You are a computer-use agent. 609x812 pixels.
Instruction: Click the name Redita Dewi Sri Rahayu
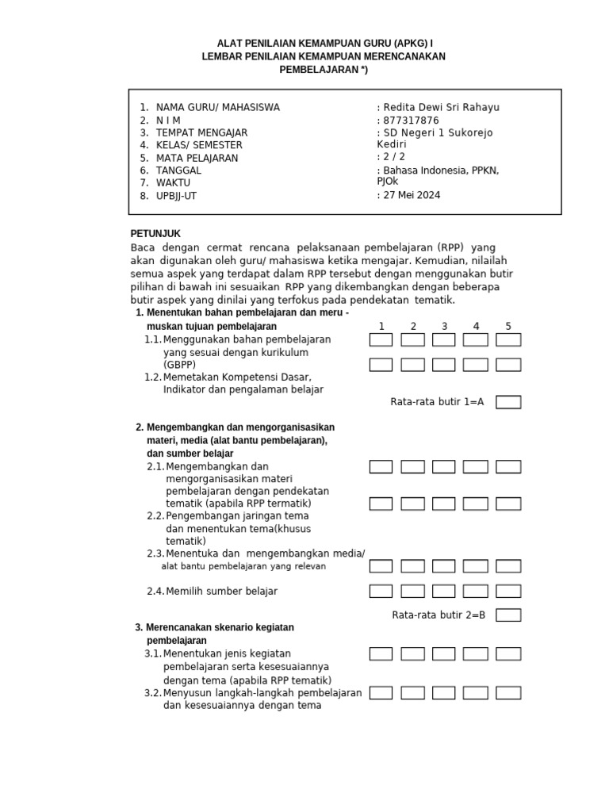[x=441, y=108]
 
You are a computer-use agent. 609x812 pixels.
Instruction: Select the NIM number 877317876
[x=409, y=121]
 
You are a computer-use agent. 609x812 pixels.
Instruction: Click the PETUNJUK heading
[x=155, y=234]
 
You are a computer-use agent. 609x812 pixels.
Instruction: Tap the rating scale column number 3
[x=444, y=326]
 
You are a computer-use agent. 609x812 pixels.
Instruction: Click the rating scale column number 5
[x=508, y=326]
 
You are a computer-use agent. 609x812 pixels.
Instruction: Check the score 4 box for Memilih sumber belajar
[x=475, y=591]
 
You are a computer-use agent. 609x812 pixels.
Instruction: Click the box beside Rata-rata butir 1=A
[x=508, y=402]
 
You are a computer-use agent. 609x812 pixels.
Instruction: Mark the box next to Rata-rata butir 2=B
[x=508, y=615]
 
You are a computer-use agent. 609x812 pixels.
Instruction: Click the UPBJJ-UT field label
[x=176, y=196]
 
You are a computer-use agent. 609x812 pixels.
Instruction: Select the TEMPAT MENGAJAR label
[x=201, y=133]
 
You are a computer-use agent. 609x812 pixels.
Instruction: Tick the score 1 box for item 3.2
[x=381, y=693]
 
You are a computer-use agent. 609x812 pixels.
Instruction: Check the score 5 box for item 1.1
[x=508, y=340]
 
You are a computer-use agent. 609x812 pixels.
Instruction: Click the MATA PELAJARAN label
[x=197, y=158]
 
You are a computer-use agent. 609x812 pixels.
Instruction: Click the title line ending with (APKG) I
[x=325, y=43]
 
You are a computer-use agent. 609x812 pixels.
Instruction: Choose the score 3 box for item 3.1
[x=444, y=654]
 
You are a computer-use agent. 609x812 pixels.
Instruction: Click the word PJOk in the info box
[x=389, y=182]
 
